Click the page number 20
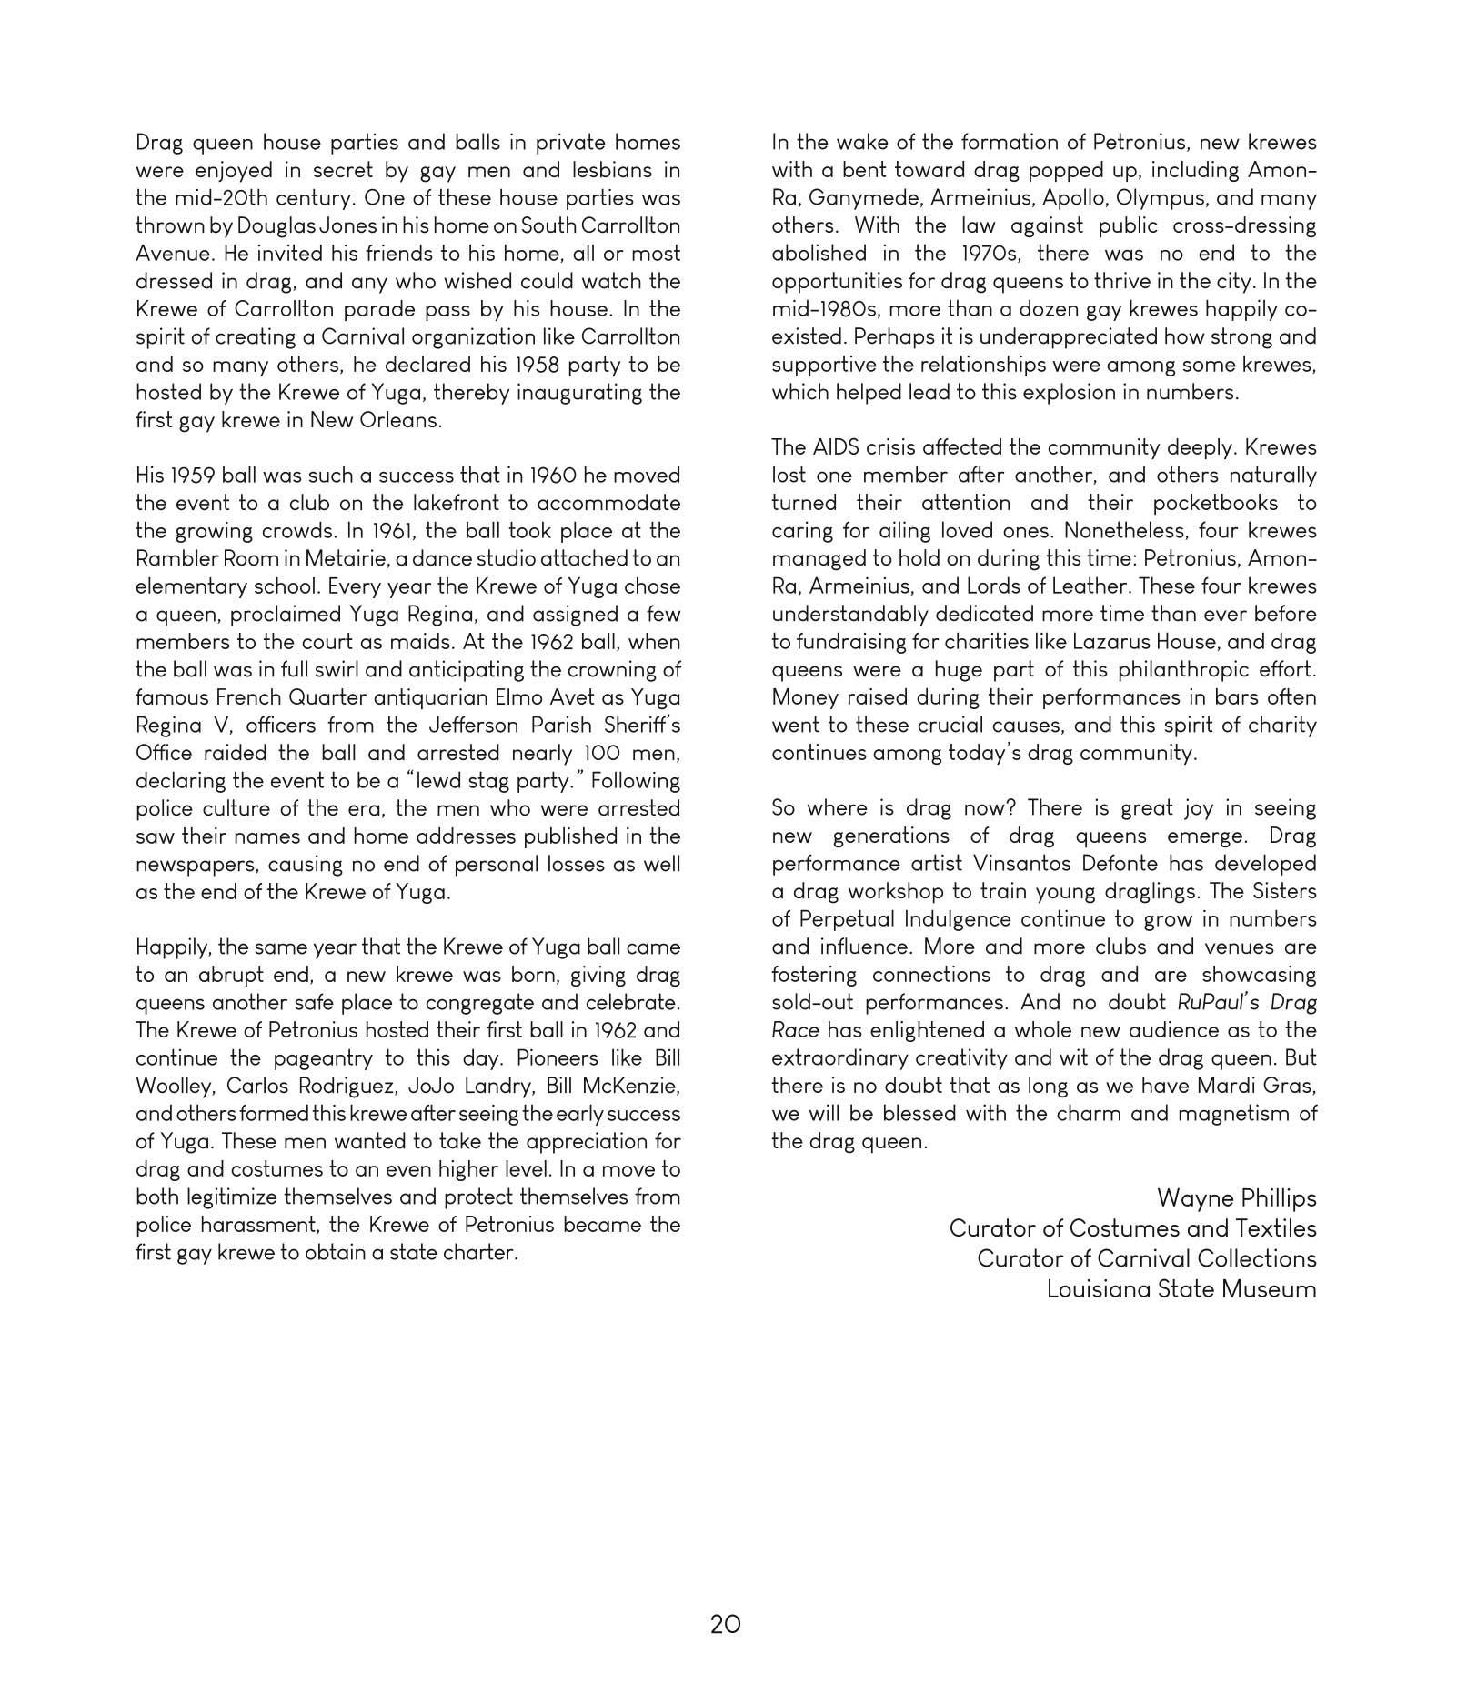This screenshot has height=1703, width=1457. [x=725, y=1624]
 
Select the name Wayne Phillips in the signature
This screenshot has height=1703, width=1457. [x=1236, y=1198]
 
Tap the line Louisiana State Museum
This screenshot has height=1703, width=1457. [x=1181, y=1289]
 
